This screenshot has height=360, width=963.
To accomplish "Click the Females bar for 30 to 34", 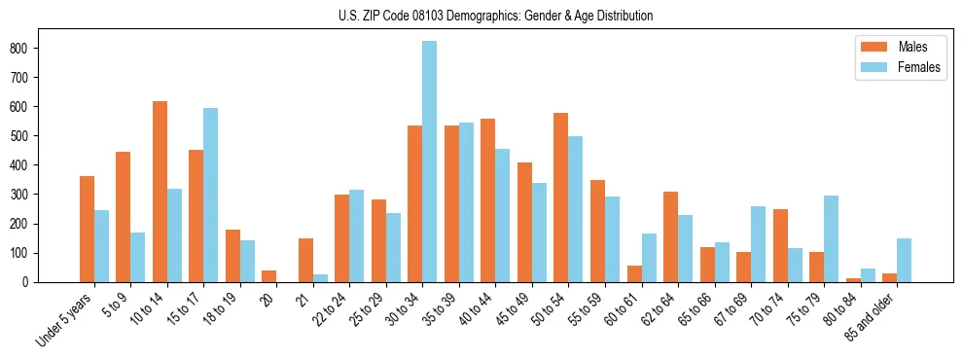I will [x=429, y=162].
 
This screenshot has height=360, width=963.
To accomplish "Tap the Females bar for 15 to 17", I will [x=210, y=195].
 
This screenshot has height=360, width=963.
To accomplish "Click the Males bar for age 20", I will [x=268, y=276].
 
